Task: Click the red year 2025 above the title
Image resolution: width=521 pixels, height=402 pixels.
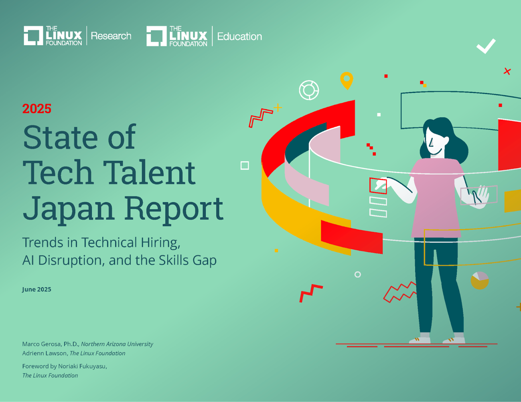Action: click(x=37, y=109)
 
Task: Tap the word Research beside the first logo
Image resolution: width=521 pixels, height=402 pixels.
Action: click(x=111, y=36)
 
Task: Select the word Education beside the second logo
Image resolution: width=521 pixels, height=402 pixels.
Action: click(x=239, y=36)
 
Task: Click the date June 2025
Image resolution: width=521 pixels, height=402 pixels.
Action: click(x=36, y=289)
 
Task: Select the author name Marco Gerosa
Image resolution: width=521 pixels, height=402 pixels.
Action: click(x=42, y=344)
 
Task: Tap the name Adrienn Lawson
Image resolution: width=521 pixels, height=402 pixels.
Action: click(x=45, y=353)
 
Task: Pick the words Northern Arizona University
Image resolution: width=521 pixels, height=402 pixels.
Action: click(x=117, y=344)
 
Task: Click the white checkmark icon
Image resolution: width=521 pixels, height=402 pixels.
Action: click(x=486, y=46)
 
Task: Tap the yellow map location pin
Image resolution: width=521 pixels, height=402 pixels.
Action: click(x=347, y=80)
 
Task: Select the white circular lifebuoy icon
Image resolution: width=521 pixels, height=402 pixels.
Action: click(x=309, y=90)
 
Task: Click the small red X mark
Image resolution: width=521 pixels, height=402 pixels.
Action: click(x=507, y=71)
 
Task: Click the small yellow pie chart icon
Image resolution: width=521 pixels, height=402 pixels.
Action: click(x=479, y=281)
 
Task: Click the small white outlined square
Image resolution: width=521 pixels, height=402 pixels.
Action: click(x=245, y=165)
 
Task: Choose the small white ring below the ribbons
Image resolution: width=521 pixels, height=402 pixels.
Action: click(x=357, y=274)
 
